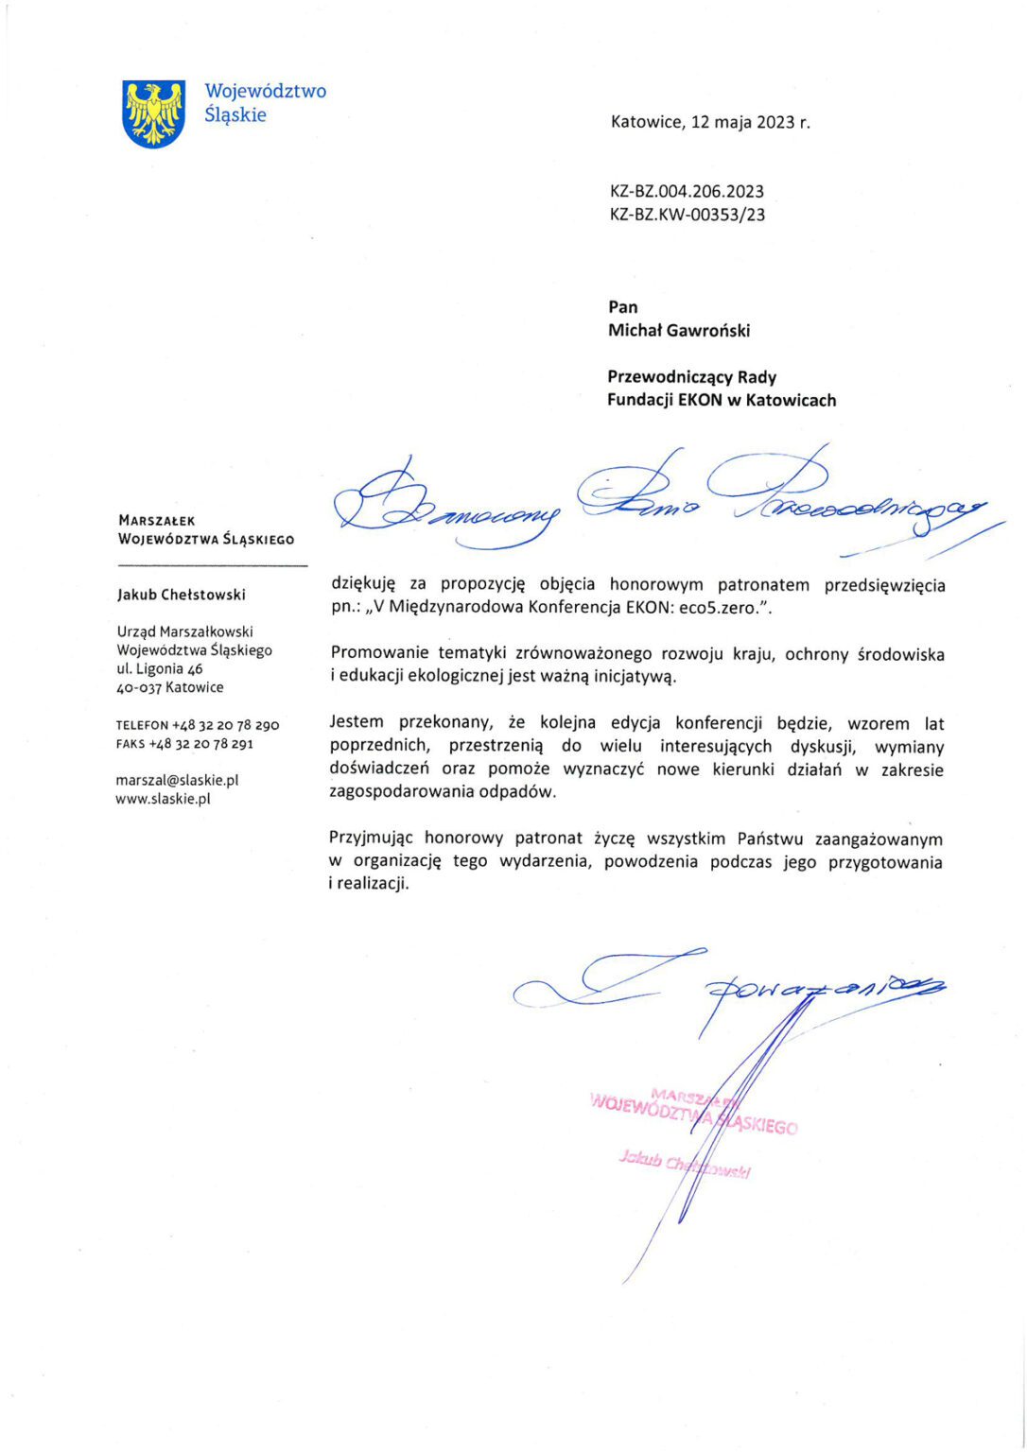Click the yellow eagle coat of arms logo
[153, 113]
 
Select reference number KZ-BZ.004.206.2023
[688, 191]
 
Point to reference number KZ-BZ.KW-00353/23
[688, 215]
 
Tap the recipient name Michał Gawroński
[679, 330]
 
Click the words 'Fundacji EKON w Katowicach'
[722, 400]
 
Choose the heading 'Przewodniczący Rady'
[691, 377]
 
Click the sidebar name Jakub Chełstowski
[181, 595]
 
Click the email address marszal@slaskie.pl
[177, 780]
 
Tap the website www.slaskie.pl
[163, 799]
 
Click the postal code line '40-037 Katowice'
[170, 687]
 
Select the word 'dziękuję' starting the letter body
[364, 585]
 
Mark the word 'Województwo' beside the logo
[266, 92]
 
